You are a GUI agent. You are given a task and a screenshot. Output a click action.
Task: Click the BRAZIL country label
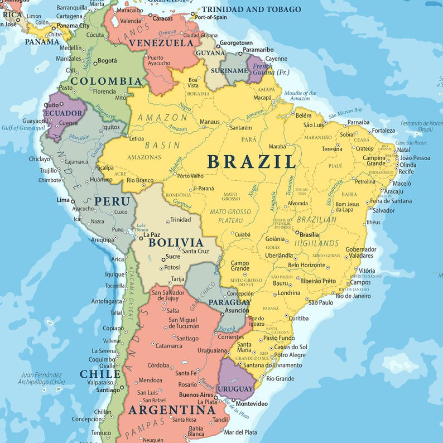252,162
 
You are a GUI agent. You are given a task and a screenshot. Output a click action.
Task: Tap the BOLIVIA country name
176,243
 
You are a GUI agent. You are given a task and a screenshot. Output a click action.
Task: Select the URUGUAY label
235,388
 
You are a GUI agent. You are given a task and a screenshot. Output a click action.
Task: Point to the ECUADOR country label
64,113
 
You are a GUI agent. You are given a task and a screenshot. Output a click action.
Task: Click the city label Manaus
210,122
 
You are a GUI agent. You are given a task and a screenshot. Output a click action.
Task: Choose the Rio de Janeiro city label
353,296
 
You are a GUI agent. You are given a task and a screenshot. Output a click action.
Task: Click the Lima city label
63,200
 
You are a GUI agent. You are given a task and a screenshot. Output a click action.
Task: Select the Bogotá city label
107,61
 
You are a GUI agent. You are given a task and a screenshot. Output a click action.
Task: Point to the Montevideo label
252,403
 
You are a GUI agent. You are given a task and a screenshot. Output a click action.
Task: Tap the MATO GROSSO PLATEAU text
230,216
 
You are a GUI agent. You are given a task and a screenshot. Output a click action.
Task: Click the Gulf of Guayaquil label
22,127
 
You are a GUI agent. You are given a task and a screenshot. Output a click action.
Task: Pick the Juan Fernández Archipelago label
42,378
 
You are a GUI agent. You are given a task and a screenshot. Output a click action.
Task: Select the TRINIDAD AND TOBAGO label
251,9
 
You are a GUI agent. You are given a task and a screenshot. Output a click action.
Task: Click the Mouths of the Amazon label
300,95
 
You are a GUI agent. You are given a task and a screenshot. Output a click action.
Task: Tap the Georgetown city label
236,43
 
